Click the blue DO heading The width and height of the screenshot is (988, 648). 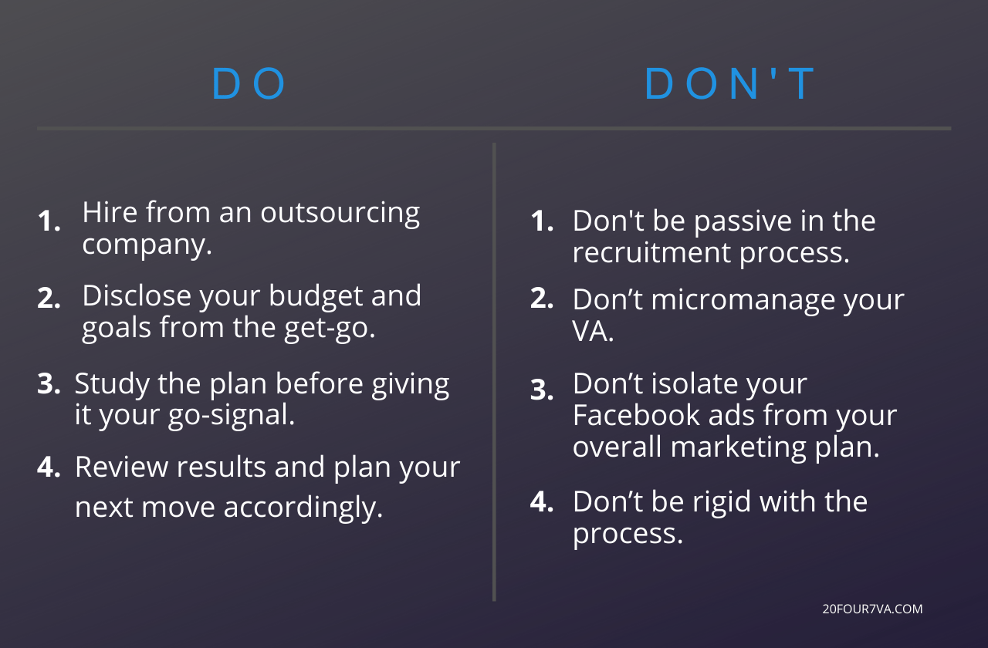point(249,84)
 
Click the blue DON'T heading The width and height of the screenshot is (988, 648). point(730,84)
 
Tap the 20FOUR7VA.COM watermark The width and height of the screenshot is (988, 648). point(873,609)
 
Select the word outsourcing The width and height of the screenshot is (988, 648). point(340,213)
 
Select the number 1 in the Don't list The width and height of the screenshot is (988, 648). point(542,222)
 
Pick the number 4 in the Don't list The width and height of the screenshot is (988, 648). point(542,502)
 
